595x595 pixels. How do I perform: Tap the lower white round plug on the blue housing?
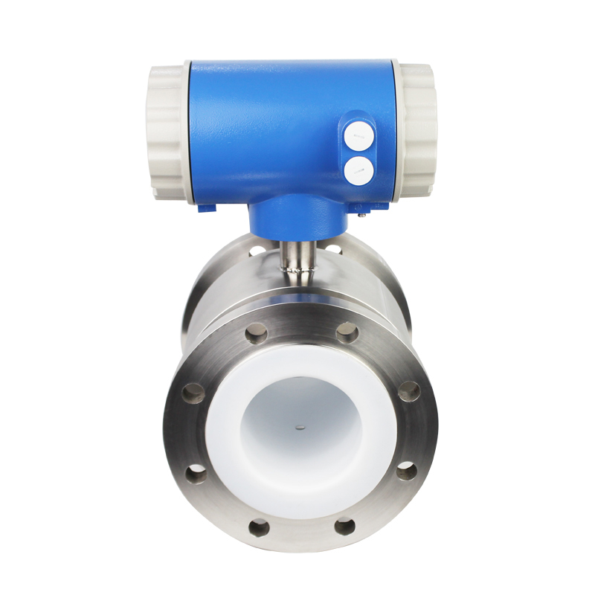tap(358, 170)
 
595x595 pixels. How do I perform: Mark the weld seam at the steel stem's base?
tap(298, 277)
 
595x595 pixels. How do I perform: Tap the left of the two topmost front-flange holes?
tap(255, 332)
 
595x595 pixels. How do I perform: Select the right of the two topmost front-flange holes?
tap(347, 332)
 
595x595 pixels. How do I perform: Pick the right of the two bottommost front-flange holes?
tap(344, 527)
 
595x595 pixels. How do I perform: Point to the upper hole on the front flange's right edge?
tap(408, 391)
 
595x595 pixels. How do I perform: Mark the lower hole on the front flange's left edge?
tap(196, 472)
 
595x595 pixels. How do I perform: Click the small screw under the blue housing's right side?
tap(361, 213)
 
